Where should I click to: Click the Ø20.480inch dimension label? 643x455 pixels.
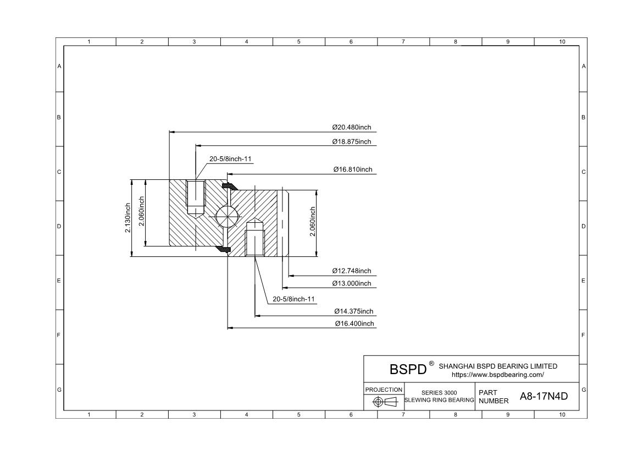tap(351, 127)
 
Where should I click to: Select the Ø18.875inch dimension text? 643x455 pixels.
tap(351, 141)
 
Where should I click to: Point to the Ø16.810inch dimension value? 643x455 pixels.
tap(352, 169)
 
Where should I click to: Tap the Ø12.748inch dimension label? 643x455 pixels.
tap(351, 271)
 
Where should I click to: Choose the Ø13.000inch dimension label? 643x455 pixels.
tap(351, 283)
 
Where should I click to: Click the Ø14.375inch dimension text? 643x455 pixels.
tap(353, 311)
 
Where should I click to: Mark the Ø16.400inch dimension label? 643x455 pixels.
tap(354, 324)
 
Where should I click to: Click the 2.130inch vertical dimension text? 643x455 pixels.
tap(128, 218)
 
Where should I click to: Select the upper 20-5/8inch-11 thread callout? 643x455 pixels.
tap(230, 159)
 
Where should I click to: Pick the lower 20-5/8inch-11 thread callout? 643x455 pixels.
tap(293, 299)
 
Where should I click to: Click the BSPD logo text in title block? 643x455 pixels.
tap(408, 369)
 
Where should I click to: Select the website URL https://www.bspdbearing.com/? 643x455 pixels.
tap(497, 375)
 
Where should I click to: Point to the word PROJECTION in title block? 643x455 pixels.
tap(384, 390)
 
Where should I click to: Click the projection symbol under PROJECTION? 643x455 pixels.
tap(384, 402)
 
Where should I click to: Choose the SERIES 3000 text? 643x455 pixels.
tap(439, 393)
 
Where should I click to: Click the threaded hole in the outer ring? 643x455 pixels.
tap(196, 196)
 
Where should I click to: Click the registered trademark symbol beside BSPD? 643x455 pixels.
tap(431, 363)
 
